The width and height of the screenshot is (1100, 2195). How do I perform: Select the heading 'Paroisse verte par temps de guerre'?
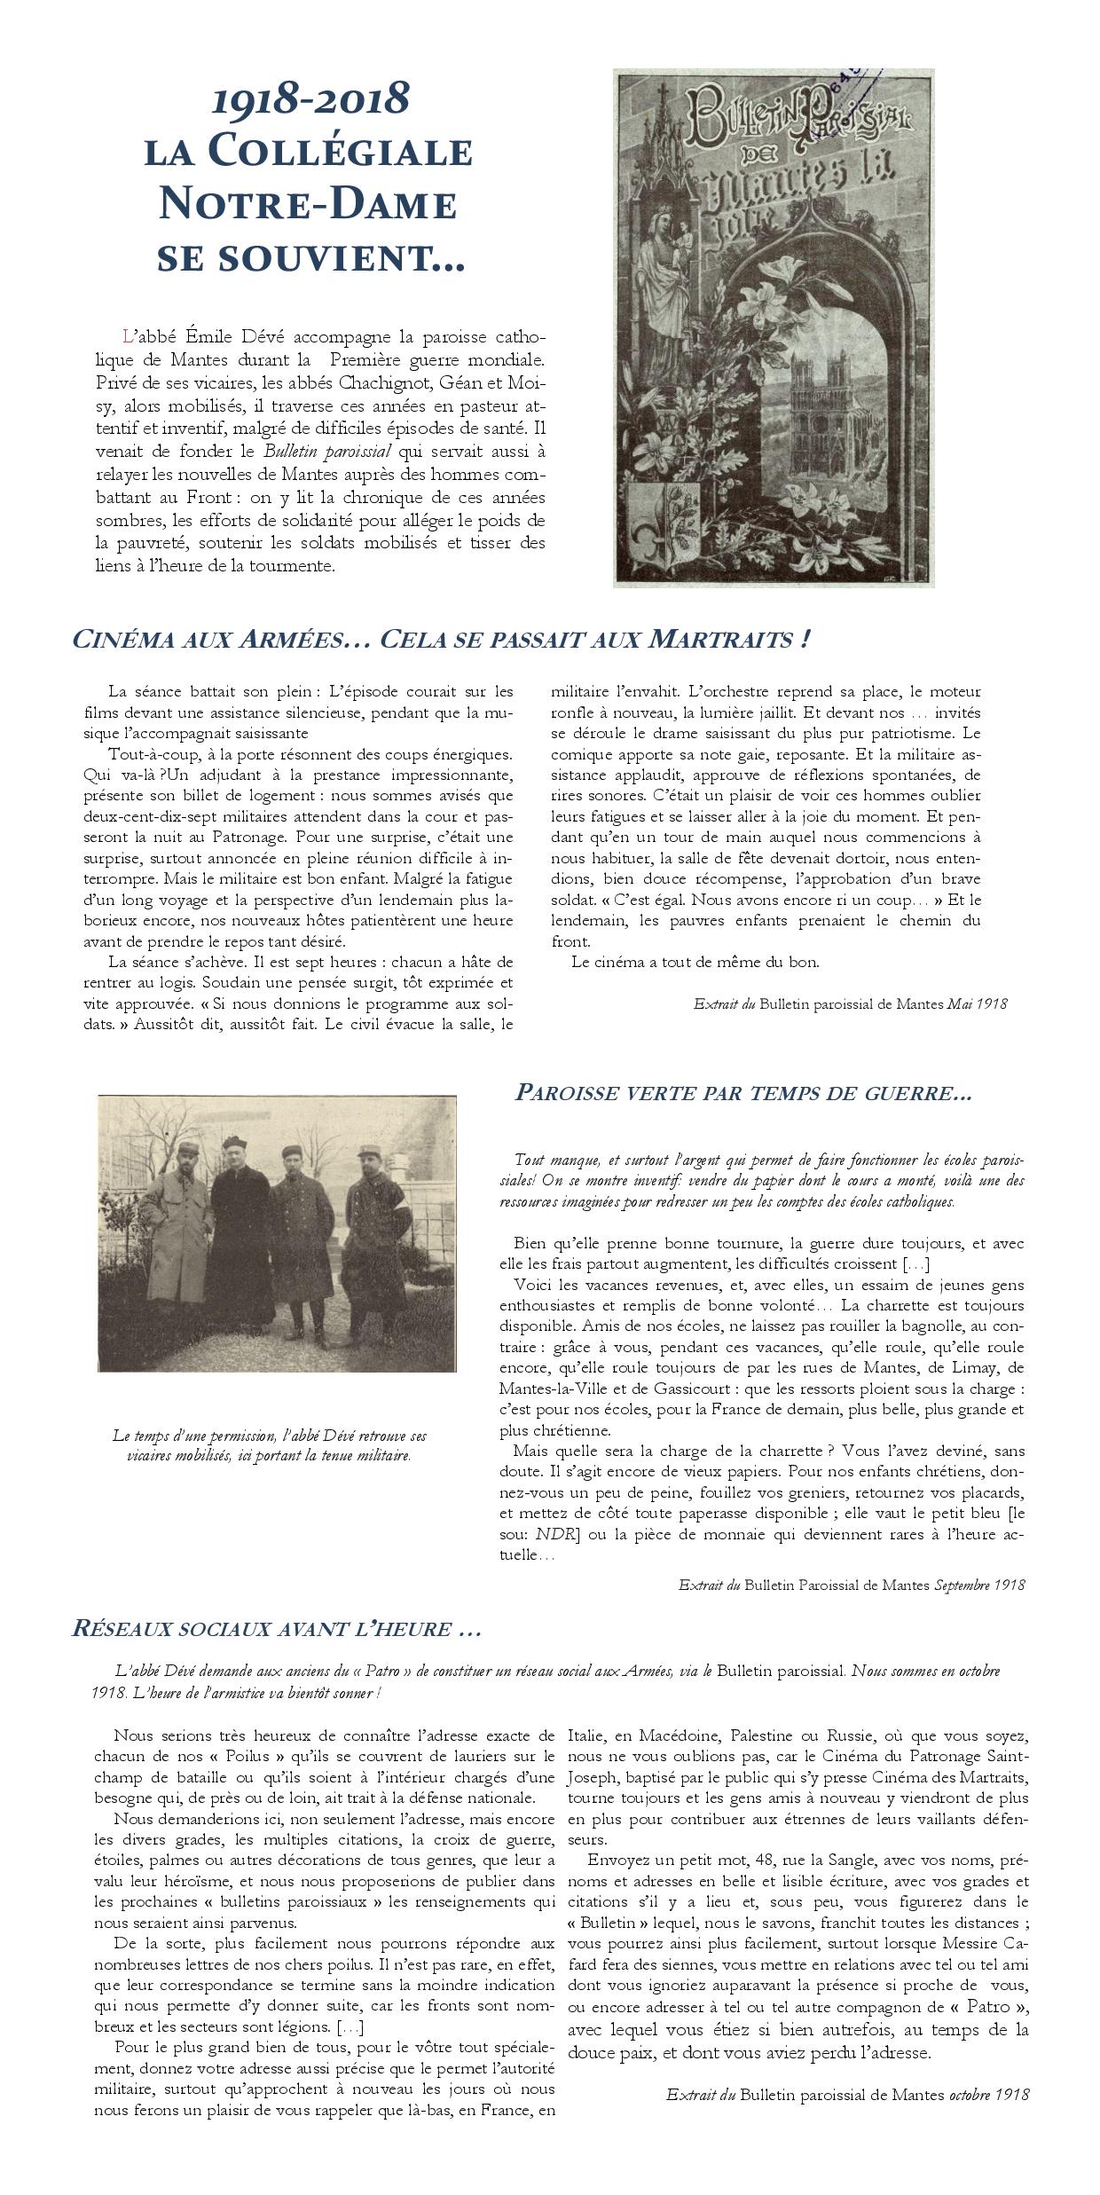[743, 1093]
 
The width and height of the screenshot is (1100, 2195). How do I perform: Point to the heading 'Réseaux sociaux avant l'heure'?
[276, 1628]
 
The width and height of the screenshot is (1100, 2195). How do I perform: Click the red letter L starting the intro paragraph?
[128, 337]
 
